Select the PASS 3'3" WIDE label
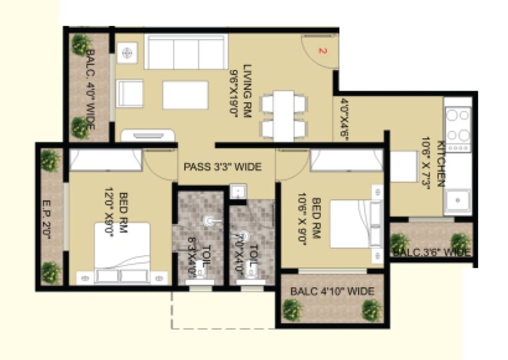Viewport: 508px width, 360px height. [223, 167]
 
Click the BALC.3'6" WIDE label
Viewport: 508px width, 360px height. [431, 252]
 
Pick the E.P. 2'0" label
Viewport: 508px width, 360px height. [47, 219]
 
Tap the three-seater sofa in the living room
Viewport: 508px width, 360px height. [185, 52]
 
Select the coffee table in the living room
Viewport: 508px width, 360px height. [185, 95]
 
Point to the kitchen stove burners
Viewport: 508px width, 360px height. [457, 125]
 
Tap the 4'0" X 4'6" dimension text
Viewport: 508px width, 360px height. [344, 118]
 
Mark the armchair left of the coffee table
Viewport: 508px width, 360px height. [130, 94]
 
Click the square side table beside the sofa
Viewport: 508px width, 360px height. [127, 53]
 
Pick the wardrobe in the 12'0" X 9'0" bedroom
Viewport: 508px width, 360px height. [106, 160]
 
